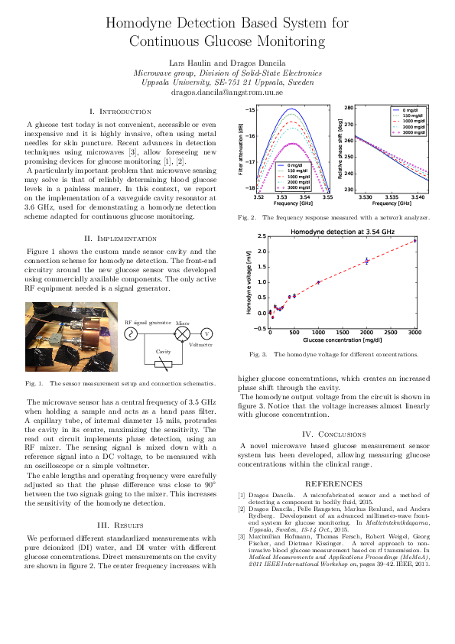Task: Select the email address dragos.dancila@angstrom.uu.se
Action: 227,91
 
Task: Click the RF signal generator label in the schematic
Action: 148,323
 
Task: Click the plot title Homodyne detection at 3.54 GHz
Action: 340,230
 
